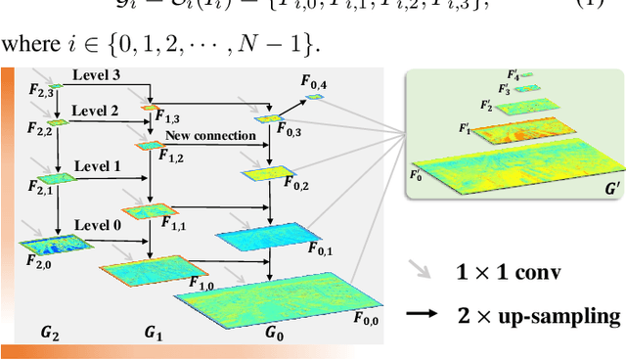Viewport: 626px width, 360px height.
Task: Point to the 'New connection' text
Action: click(x=210, y=135)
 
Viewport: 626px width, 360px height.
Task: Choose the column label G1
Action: click(x=154, y=332)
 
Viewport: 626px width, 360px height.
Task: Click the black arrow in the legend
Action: click(x=424, y=315)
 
